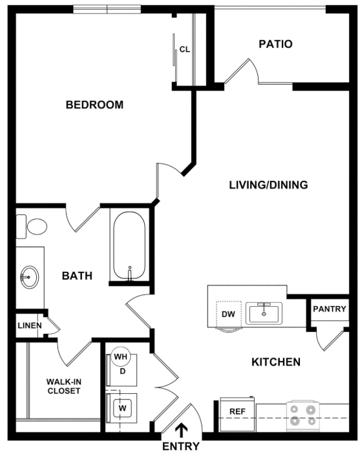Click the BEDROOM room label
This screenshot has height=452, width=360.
click(94, 105)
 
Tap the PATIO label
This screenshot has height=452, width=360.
click(275, 44)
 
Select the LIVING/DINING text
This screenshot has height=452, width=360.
click(269, 185)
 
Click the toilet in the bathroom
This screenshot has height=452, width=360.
click(32, 227)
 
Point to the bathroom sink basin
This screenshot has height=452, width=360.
click(29, 277)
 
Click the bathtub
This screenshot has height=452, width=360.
click(129, 246)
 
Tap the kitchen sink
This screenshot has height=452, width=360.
click(264, 313)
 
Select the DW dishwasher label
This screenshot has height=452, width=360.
click(228, 314)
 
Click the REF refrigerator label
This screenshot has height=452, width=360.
click(237, 412)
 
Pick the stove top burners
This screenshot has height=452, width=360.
click(302, 415)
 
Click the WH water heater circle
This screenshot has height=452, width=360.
click(121, 356)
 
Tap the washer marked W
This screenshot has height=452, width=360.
click(122, 408)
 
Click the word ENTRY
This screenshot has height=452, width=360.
click(181, 446)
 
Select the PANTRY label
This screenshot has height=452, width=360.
click(330, 309)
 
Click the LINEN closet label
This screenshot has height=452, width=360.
click(30, 325)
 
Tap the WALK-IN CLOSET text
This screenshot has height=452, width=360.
click(64, 386)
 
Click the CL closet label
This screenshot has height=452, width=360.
click(185, 50)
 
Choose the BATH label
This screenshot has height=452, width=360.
click(77, 276)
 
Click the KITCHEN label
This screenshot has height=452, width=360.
click(276, 362)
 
